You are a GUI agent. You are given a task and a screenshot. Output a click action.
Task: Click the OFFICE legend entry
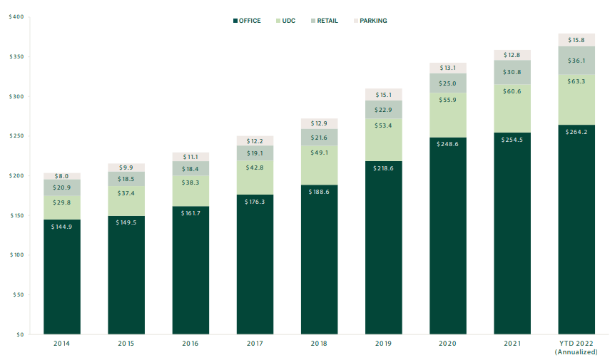[x=247, y=21]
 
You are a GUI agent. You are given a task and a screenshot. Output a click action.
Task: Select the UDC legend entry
[x=285, y=21]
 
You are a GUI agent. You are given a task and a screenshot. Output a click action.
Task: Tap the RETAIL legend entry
[x=325, y=21]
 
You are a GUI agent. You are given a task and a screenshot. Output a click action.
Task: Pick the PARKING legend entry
[x=370, y=21]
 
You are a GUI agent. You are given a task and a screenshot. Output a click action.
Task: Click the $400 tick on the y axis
[x=16, y=16]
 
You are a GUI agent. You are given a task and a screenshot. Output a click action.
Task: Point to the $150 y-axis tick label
[x=16, y=215]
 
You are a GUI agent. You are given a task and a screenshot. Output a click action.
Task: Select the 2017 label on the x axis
[x=255, y=344]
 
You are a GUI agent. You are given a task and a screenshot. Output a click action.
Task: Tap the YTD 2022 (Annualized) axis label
[x=576, y=347]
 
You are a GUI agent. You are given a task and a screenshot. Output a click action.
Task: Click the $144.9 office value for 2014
[x=61, y=227]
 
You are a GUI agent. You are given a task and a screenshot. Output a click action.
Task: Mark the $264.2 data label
[x=576, y=132]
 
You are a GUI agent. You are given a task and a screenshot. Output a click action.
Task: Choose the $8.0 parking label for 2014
[x=61, y=176]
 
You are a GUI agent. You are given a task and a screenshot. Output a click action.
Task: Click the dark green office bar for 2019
[x=384, y=247]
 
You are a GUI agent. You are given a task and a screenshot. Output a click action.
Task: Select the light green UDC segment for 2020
[x=448, y=115]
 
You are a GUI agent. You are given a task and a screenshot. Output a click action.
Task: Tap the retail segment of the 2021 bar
[x=512, y=72]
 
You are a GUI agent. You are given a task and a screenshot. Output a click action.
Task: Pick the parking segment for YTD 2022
[x=576, y=40]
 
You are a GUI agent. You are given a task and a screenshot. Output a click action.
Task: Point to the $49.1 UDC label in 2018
[x=319, y=153]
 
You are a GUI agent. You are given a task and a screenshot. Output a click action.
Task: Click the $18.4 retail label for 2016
[x=190, y=169]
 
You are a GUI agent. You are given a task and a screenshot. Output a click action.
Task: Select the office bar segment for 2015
[x=126, y=275]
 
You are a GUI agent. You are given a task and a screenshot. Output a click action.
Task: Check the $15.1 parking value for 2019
[x=384, y=95]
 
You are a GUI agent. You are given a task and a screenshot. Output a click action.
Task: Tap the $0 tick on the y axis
[x=19, y=334]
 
